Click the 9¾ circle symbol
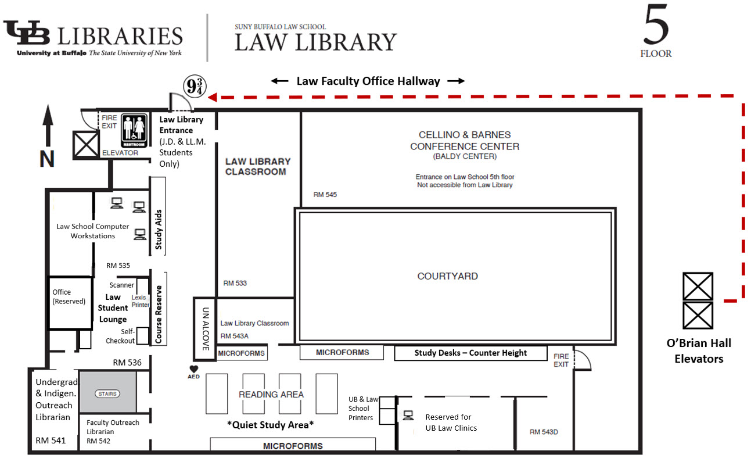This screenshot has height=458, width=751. point(195,86)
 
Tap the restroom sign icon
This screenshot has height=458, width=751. point(134,131)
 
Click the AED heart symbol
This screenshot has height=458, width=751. point(194,369)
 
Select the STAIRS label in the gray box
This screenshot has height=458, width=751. point(107,393)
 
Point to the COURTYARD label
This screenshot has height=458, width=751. point(448,276)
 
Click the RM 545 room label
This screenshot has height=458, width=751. point(325,195)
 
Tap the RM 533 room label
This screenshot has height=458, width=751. point(235,283)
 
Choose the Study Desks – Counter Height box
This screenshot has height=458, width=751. point(470,353)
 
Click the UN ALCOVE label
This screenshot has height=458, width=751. point(206,329)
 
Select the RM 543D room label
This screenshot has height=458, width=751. point(544,432)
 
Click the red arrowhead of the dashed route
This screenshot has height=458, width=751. point(213,97)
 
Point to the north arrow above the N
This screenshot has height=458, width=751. point(48,126)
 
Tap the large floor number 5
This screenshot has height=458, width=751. point(656,24)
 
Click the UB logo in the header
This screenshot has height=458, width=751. point(27,33)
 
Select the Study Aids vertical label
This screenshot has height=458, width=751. point(158,230)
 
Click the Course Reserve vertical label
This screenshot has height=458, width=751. point(158,314)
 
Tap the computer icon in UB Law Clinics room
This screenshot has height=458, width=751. point(408,416)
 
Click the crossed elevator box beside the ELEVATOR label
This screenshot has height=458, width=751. point(86,145)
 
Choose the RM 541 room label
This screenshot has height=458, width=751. point(51,440)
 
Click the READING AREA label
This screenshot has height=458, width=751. point(271,395)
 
